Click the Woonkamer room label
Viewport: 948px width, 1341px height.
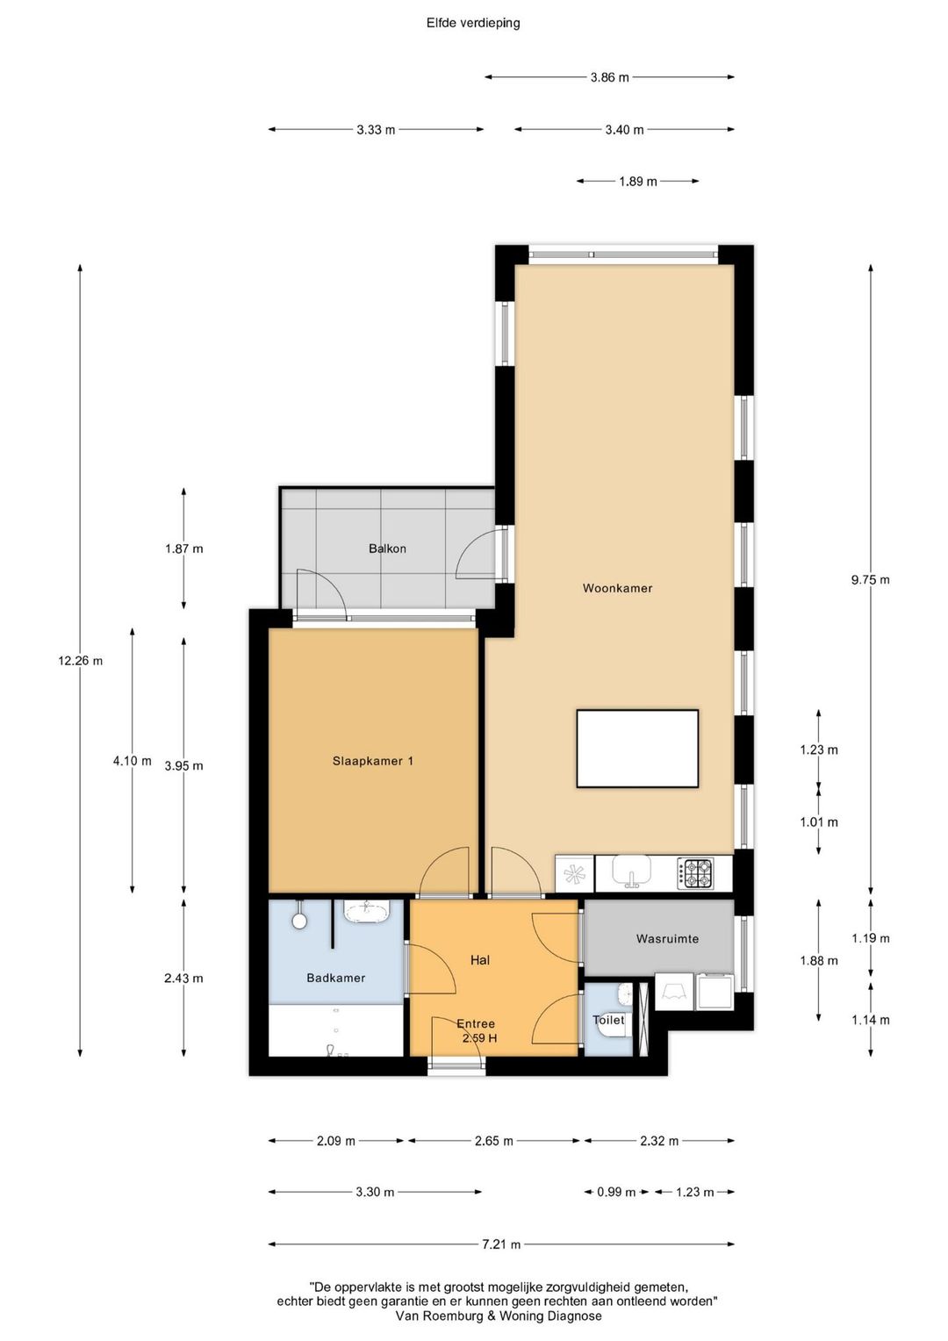click(x=617, y=589)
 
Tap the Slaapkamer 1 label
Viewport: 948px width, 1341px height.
click(x=372, y=761)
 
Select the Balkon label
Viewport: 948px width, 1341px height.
click(x=387, y=549)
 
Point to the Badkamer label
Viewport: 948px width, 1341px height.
click(x=336, y=978)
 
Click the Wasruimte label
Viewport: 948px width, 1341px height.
click(x=667, y=939)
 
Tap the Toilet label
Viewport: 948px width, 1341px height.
click(x=608, y=1020)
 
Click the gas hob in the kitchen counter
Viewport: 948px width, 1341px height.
click(x=695, y=874)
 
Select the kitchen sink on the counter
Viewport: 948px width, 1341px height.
click(x=632, y=871)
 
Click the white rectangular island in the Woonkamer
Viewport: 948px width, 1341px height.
click(x=637, y=749)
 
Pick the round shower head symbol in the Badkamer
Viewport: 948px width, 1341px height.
click(x=298, y=921)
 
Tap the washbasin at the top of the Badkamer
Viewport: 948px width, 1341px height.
click(x=367, y=913)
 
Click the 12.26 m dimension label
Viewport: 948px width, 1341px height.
click(x=80, y=661)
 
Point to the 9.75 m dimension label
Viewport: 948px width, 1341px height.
click(x=871, y=579)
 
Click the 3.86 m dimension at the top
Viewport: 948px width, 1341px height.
click(x=610, y=77)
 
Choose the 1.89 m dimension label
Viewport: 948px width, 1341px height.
click(x=638, y=182)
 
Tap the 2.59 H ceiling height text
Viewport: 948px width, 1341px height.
click(x=479, y=1038)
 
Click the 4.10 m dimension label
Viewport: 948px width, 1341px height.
click(x=133, y=761)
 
